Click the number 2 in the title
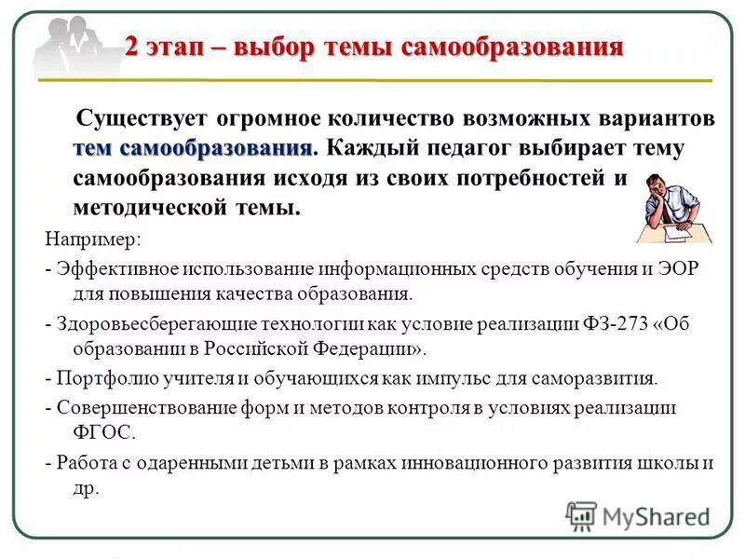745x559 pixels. (x=133, y=48)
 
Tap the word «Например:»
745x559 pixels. (x=94, y=239)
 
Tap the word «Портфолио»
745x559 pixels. (x=102, y=378)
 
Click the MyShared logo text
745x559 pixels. (x=656, y=516)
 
